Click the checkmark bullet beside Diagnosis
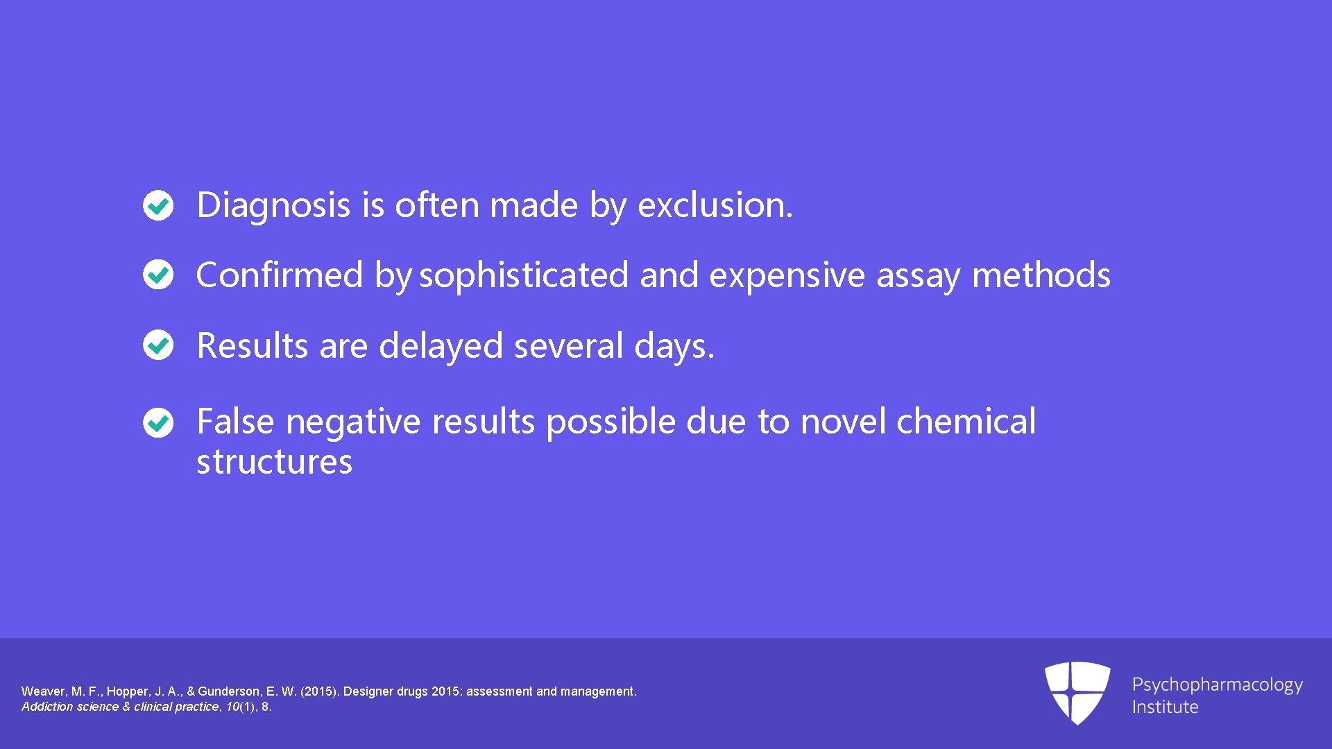point(158,205)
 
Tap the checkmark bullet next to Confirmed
point(158,275)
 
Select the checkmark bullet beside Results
point(158,345)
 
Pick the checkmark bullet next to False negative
point(158,422)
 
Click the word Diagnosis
point(273,205)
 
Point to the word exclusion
point(715,205)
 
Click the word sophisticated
point(524,275)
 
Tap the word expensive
point(787,275)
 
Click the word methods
point(1041,275)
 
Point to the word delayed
point(441,345)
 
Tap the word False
point(235,422)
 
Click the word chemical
point(966,422)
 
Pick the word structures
point(275,462)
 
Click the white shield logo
point(1077,692)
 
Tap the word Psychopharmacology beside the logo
point(1217,685)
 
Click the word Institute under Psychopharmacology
point(1165,707)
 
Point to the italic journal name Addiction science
point(69,707)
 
